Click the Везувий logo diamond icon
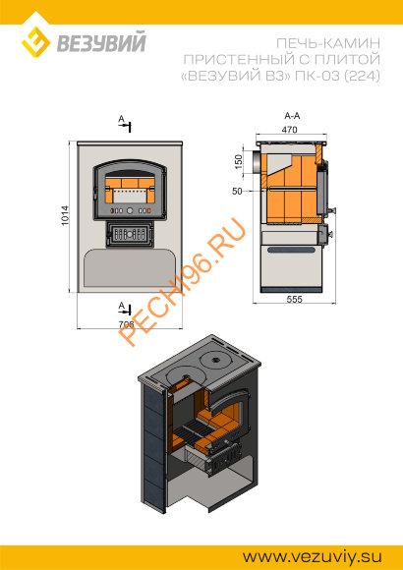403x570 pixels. (35, 42)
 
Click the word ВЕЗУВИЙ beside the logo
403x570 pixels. (101, 42)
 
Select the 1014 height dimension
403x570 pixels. (65, 216)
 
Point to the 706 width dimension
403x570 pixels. (126, 324)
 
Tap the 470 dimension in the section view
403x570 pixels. (291, 130)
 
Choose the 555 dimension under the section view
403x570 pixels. (295, 299)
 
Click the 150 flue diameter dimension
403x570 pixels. (238, 162)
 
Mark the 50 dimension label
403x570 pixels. (237, 192)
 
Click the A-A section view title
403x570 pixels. (292, 116)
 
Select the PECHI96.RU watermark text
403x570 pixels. (182, 281)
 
